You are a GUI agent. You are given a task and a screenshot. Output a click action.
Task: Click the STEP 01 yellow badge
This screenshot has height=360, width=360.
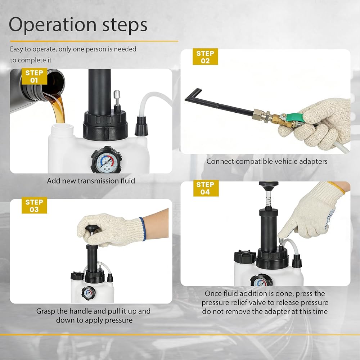tap(35, 76)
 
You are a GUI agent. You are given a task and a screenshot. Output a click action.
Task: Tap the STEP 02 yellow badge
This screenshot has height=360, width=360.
tap(205, 57)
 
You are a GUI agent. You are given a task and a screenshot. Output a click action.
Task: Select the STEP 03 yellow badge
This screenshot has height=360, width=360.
tap(35, 206)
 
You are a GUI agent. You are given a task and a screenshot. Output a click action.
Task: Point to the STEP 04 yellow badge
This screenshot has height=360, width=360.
tap(206, 188)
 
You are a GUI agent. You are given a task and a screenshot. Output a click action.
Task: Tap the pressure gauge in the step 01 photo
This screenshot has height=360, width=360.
tap(106, 161)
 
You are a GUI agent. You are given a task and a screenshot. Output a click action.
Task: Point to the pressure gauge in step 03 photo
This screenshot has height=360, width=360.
tap(89, 293)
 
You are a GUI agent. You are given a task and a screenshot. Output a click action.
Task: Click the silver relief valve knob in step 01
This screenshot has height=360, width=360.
tap(117, 94)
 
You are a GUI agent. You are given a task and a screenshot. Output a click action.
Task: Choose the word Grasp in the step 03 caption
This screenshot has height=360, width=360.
tap(46, 311)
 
